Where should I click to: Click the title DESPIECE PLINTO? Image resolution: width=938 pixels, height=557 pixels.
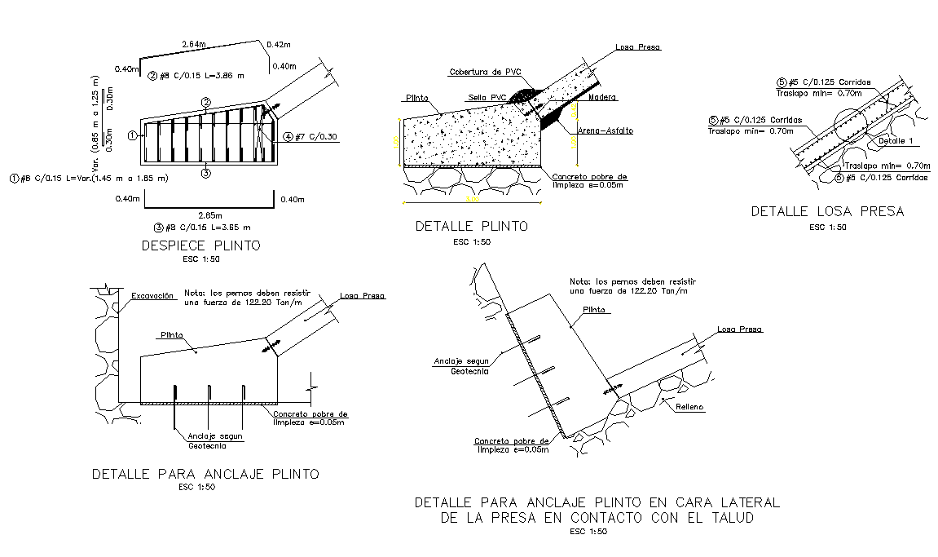tap(200, 245)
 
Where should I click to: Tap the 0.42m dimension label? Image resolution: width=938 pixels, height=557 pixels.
tap(279, 44)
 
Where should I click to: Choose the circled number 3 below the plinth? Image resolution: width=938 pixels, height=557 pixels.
tap(206, 172)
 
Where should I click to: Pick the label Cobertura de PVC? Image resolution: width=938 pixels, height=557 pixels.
tap(485, 73)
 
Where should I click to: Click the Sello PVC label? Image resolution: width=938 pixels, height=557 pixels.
tap(487, 98)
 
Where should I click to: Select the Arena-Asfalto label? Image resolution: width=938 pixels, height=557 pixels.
tap(605, 130)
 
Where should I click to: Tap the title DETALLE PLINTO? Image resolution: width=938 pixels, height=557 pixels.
tap(471, 226)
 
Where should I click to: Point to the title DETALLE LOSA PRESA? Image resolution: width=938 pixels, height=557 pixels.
tap(827, 211)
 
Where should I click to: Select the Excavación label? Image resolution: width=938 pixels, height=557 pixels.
tap(152, 296)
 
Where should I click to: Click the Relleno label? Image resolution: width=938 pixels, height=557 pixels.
tap(689, 406)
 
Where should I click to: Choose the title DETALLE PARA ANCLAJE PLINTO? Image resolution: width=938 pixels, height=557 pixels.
tap(205, 474)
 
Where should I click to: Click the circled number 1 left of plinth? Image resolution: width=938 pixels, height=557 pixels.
tap(132, 136)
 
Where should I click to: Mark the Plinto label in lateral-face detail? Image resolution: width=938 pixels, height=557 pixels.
tap(593, 310)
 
